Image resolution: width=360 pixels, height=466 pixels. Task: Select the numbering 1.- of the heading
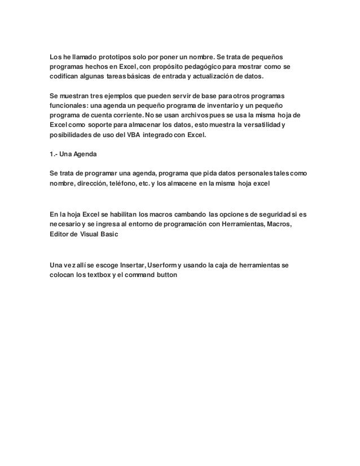click(x=54, y=155)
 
